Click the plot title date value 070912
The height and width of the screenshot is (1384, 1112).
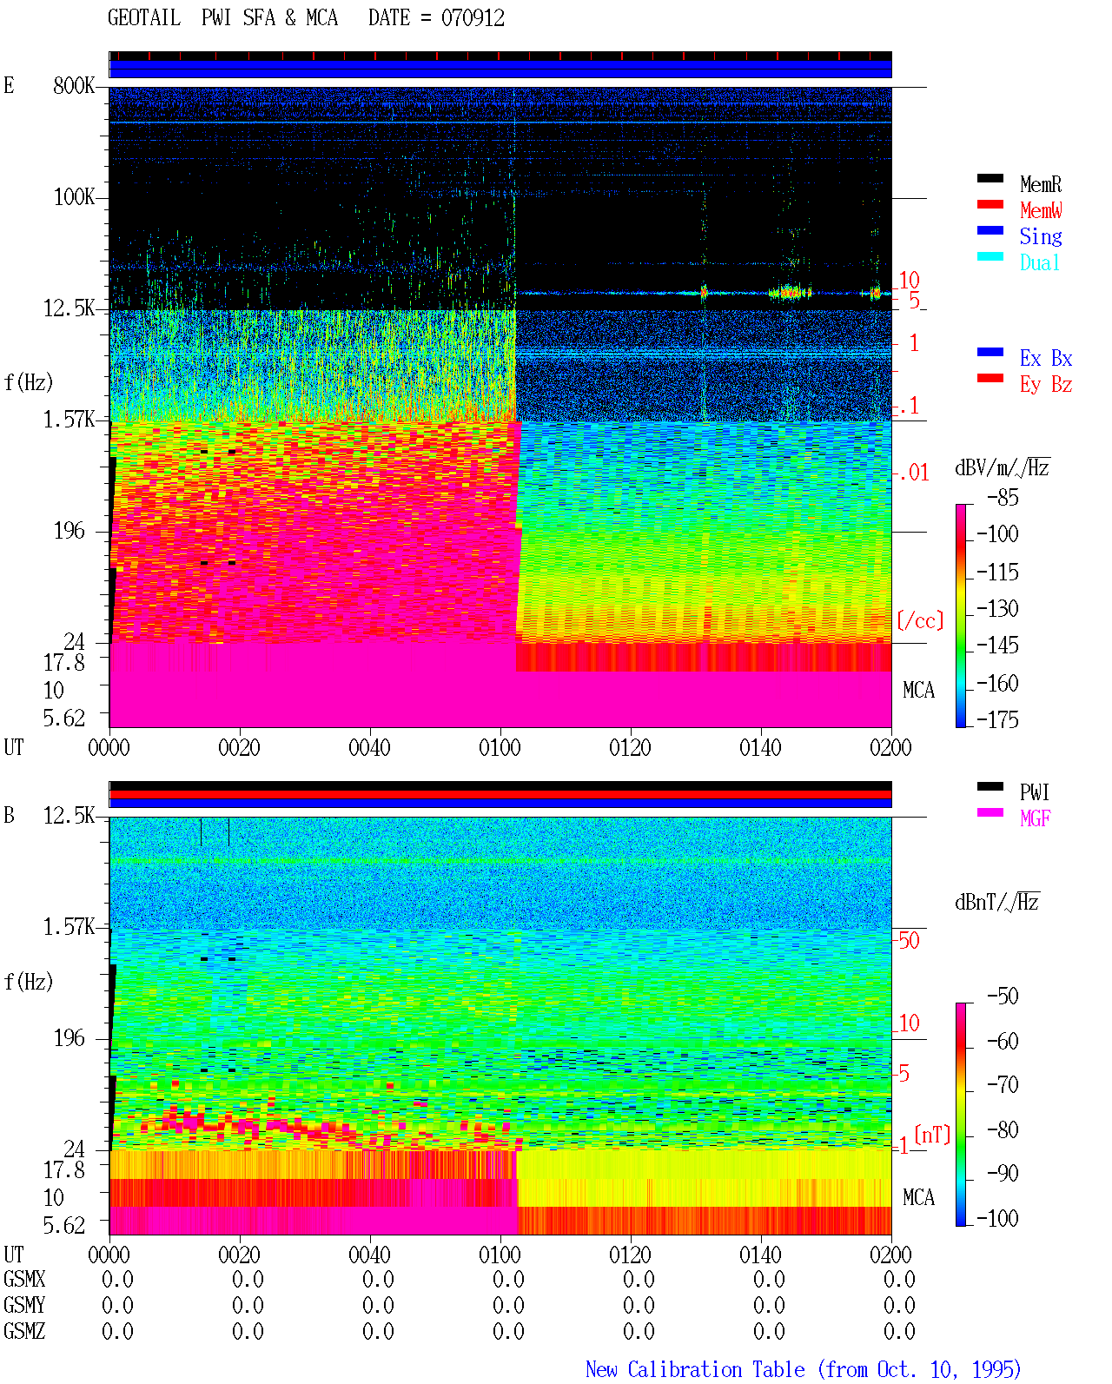[x=473, y=18]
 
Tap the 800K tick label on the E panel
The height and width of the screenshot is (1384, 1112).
[x=74, y=85]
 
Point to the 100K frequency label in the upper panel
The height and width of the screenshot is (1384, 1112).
[x=74, y=197]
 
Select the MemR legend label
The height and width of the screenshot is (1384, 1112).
[x=1041, y=184]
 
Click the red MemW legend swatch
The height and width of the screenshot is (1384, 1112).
[x=990, y=204]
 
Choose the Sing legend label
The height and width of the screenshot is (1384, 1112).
[x=1041, y=236]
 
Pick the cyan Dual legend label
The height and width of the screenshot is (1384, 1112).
[x=1040, y=262]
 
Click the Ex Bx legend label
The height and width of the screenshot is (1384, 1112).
[x=1046, y=358]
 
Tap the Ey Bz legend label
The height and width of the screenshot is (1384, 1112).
[x=1046, y=385]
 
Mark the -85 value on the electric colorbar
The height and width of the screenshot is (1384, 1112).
[x=1003, y=498]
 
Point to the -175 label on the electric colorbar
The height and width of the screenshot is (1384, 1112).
[x=997, y=719]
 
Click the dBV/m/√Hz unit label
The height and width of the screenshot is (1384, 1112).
[x=1003, y=467]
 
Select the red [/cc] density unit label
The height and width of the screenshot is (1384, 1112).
[x=920, y=620]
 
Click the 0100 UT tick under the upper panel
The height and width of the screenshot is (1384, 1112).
[x=500, y=748]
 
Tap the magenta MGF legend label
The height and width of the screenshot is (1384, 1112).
[x=1035, y=818]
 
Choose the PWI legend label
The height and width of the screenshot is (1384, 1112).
[x=1035, y=792]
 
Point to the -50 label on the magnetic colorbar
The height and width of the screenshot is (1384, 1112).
[x=1003, y=997]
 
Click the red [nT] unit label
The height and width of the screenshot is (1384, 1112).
[x=932, y=1135]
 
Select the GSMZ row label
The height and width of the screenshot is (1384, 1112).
[x=24, y=1331]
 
